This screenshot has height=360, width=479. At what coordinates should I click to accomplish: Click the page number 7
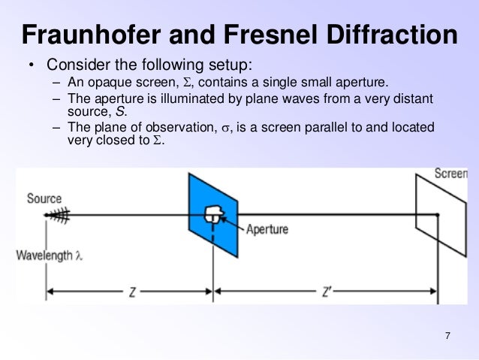point(447,335)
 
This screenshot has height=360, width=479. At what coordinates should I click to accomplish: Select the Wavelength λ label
point(50,256)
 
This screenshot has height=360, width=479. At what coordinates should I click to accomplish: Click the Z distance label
point(131,292)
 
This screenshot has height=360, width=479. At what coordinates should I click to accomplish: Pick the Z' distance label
point(327,292)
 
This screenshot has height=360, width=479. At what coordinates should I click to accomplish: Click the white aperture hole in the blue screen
point(213,214)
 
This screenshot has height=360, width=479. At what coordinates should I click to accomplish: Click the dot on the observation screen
point(438,216)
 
